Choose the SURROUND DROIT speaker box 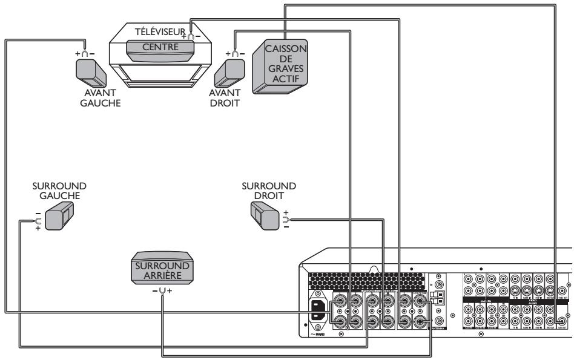(x=263, y=213)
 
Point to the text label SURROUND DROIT (x=269, y=190)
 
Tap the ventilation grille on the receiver (x=363, y=278)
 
